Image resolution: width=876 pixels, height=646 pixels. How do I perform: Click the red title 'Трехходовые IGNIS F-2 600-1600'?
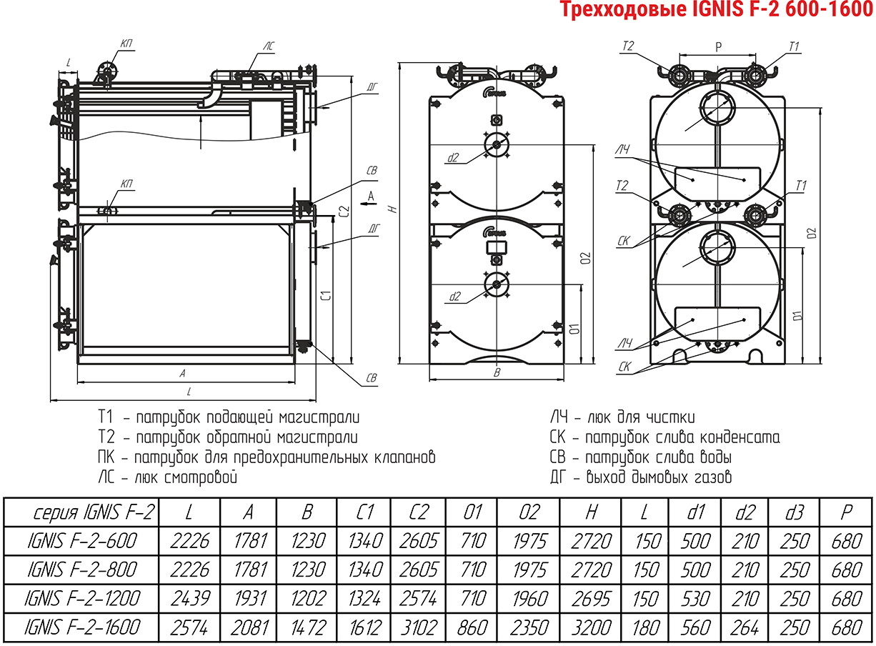(717, 9)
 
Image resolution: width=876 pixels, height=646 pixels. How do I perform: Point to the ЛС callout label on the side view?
(268, 46)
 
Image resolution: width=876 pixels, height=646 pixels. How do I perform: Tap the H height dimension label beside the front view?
(394, 209)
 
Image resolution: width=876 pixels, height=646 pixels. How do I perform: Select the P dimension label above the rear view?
(718, 47)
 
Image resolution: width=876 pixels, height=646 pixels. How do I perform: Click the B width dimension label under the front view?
(497, 372)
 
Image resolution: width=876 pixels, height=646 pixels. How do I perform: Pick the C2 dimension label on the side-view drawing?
(344, 212)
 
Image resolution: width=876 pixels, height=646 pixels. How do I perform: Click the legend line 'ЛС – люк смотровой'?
(168, 478)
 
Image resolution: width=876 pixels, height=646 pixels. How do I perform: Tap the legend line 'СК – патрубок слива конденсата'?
(665, 437)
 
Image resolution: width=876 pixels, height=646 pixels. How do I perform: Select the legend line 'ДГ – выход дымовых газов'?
(641, 477)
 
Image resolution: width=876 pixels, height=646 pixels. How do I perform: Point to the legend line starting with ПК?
(267, 457)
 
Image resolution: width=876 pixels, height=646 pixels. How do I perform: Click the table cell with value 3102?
(419, 628)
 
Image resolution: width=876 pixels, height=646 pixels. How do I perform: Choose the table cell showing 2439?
(190, 599)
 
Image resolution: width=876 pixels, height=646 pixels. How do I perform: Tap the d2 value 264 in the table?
(745, 628)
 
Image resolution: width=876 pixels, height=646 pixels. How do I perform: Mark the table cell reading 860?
(472, 628)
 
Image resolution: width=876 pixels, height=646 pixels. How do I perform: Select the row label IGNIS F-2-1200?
(82, 599)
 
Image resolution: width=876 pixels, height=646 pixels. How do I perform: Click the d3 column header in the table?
(795, 512)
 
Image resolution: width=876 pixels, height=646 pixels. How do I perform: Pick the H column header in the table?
(592, 512)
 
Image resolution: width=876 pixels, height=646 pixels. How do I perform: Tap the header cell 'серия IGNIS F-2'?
(94, 512)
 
